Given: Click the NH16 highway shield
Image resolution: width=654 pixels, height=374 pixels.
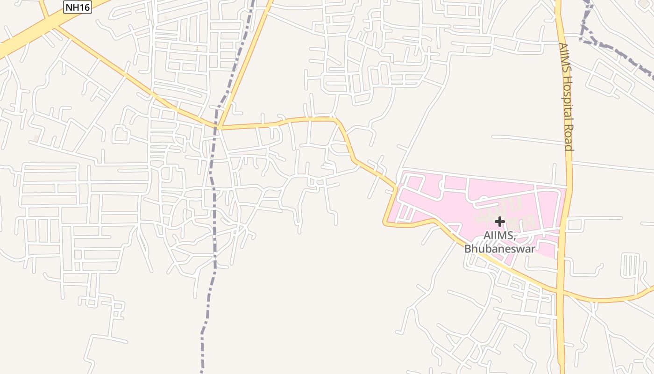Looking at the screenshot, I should pyautogui.click(x=78, y=7).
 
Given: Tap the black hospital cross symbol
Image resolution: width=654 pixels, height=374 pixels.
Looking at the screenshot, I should pyautogui.click(x=500, y=221).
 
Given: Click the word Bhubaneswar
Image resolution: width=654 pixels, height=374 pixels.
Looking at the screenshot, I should pyautogui.click(x=499, y=249).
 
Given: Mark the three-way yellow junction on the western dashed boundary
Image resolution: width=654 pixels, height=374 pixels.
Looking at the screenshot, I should pyautogui.click(x=218, y=127).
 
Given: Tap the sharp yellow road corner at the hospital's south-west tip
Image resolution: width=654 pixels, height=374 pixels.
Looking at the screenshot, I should pyautogui.click(x=385, y=223).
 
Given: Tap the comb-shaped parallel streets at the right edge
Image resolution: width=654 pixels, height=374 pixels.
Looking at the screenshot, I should pyautogui.click(x=630, y=265).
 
